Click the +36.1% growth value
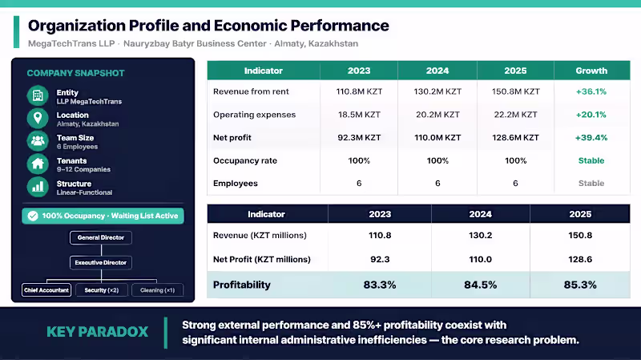click(591, 91)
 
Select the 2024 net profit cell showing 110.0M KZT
click(437, 138)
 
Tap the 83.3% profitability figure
click(380, 285)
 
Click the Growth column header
click(591, 71)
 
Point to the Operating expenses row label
click(254, 115)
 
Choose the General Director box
click(101, 237)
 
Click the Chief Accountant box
click(46, 290)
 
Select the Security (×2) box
click(102, 290)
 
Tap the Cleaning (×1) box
click(157, 290)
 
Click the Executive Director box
click(101, 263)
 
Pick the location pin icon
click(38, 118)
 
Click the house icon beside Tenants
click(38, 164)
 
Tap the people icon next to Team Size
click(38, 141)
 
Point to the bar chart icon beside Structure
click(38, 187)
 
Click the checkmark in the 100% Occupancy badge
click(33, 216)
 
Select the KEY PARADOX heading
click(97, 332)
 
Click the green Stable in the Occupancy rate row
click(591, 161)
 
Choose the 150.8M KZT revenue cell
click(515, 91)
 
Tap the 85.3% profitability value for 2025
click(580, 285)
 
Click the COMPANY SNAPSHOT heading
click(75, 73)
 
